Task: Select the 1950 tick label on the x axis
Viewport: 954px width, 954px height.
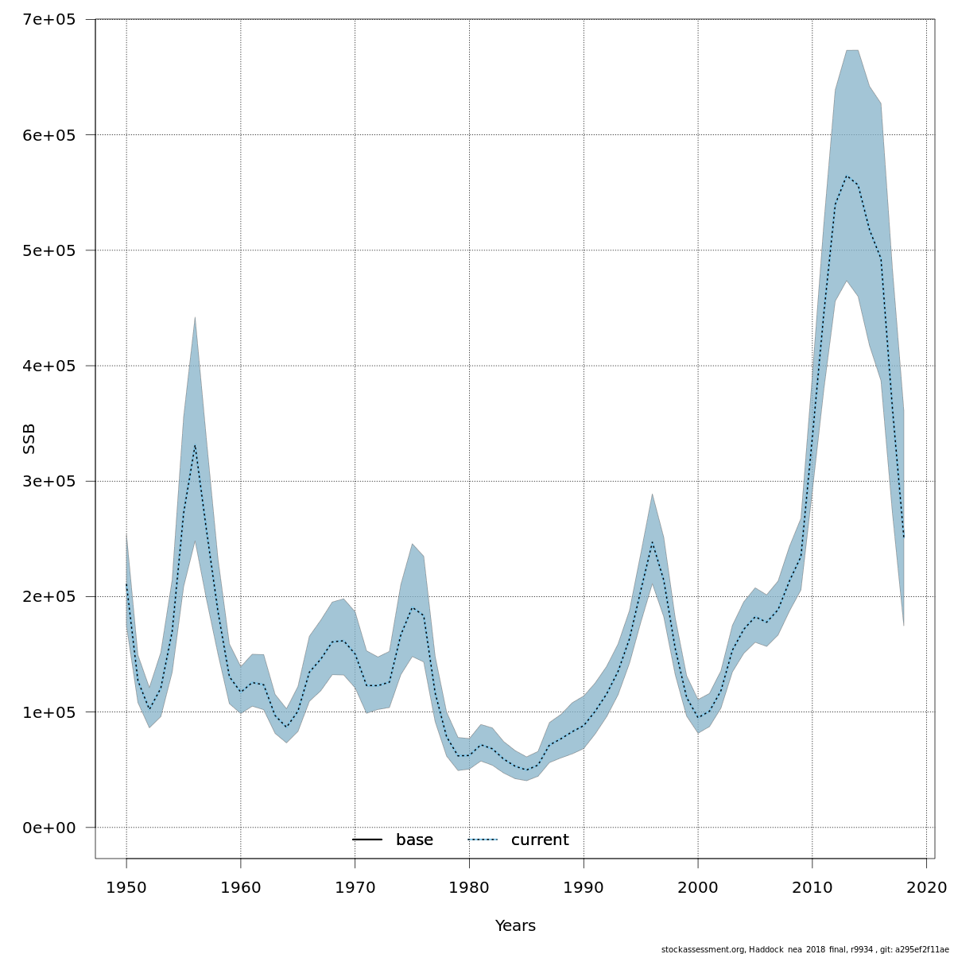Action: pyautogui.click(x=126, y=886)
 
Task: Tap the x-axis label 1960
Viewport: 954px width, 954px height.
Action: pyautogui.click(x=241, y=886)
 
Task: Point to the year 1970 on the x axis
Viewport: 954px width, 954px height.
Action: pyautogui.click(x=355, y=886)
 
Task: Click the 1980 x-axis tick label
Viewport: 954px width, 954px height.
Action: pyautogui.click(x=469, y=886)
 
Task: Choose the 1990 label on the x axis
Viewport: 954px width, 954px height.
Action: pyautogui.click(x=584, y=886)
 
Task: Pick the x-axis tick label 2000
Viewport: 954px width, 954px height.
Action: pyautogui.click(x=698, y=886)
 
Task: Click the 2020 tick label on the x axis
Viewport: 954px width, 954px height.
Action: pyautogui.click(x=927, y=886)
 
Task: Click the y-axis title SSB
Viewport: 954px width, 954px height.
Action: pyautogui.click(x=30, y=438)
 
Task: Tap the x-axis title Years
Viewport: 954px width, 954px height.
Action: pyautogui.click(x=515, y=926)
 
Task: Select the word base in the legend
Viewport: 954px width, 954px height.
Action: pyautogui.click(x=414, y=840)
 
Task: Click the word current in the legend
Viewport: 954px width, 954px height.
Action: pyautogui.click(x=540, y=840)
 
